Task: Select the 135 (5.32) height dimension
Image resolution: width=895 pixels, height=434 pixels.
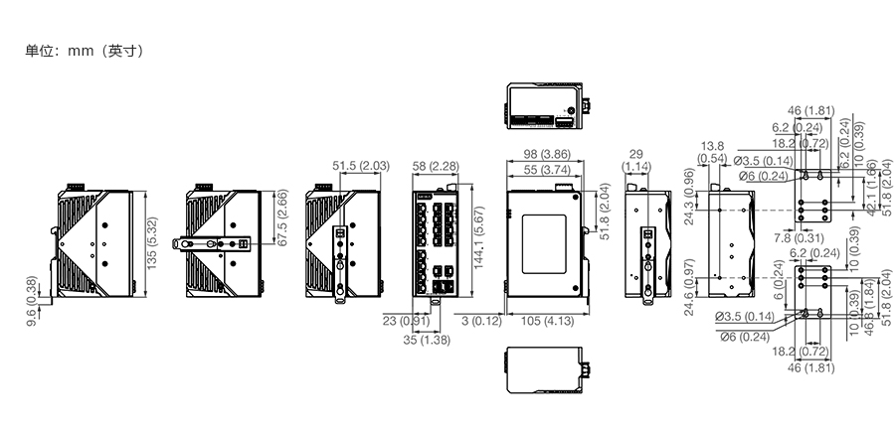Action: pyautogui.click(x=151, y=241)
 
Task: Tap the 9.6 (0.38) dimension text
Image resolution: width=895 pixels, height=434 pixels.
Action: pyautogui.click(x=32, y=301)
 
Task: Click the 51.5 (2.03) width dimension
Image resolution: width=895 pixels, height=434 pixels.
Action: pyautogui.click(x=361, y=165)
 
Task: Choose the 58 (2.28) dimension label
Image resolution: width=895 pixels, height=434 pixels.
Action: pyautogui.click(x=436, y=165)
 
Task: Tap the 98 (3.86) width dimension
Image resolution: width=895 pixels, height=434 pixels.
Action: pyautogui.click(x=546, y=154)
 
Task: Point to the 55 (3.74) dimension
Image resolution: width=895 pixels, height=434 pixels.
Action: pyautogui.click(x=546, y=170)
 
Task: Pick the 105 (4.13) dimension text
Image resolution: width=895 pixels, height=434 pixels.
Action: pyautogui.click(x=546, y=321)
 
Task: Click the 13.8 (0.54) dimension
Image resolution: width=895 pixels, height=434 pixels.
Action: pyautogui.click(x=713, y=152)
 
